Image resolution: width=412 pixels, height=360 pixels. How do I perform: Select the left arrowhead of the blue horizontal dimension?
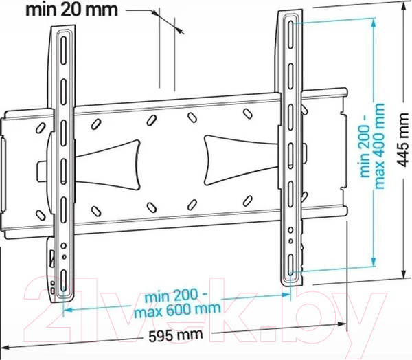(67, 310)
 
